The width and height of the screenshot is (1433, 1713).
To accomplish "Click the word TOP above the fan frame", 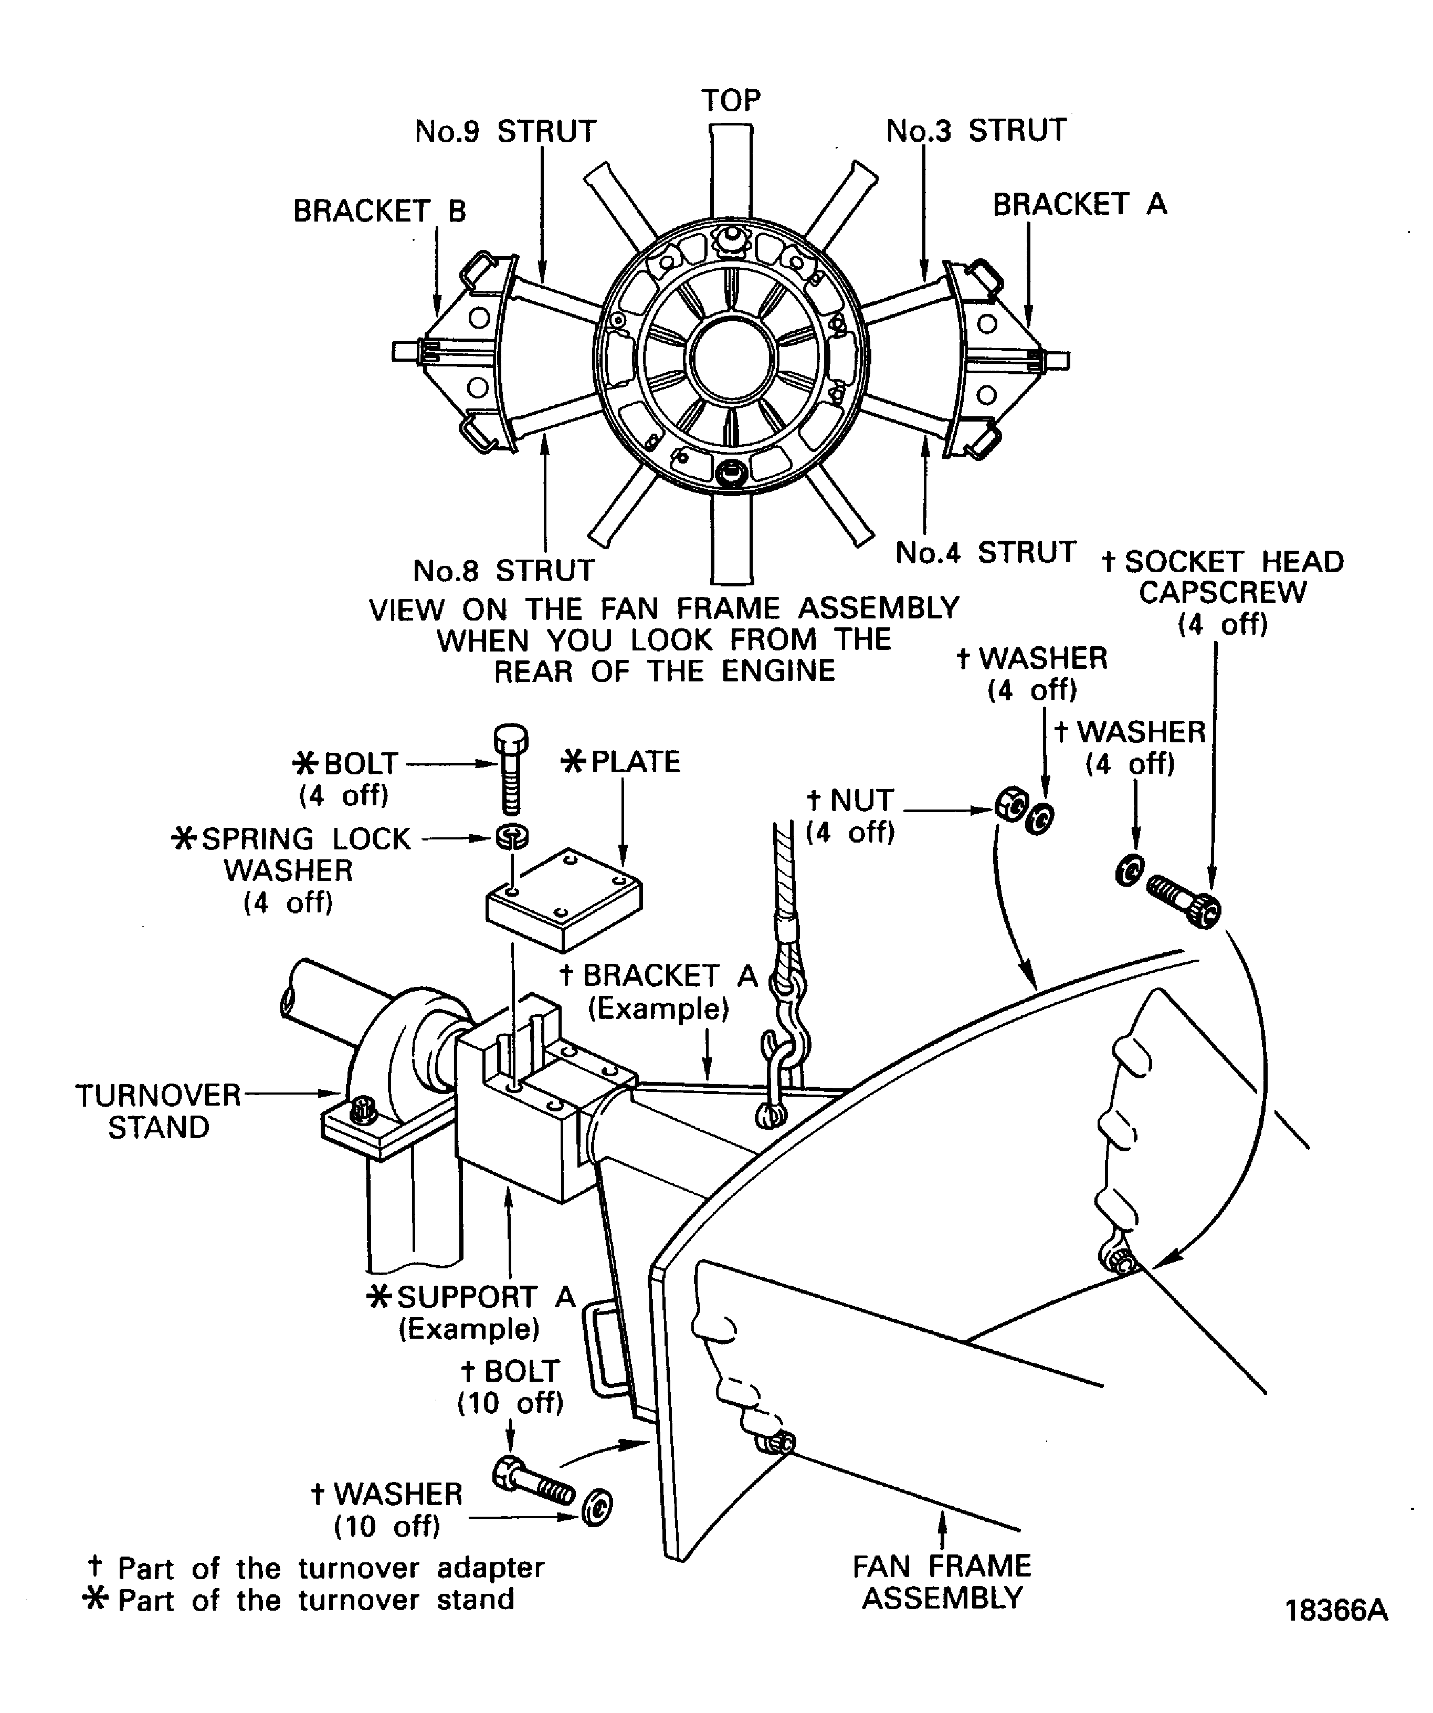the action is [x=731, y=100].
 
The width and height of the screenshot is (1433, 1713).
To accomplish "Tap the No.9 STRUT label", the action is [x=505, y=131].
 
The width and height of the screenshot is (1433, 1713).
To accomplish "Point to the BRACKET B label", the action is [x=380, y=211].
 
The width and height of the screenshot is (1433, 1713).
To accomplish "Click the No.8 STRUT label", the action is [x=504, y=570].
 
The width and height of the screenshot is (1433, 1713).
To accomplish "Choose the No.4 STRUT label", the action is [x=986, y=552].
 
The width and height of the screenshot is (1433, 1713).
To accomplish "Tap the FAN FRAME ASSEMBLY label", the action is [x=942, y=1582].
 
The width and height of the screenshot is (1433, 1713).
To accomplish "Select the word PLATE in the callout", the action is [x=635, y=762].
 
